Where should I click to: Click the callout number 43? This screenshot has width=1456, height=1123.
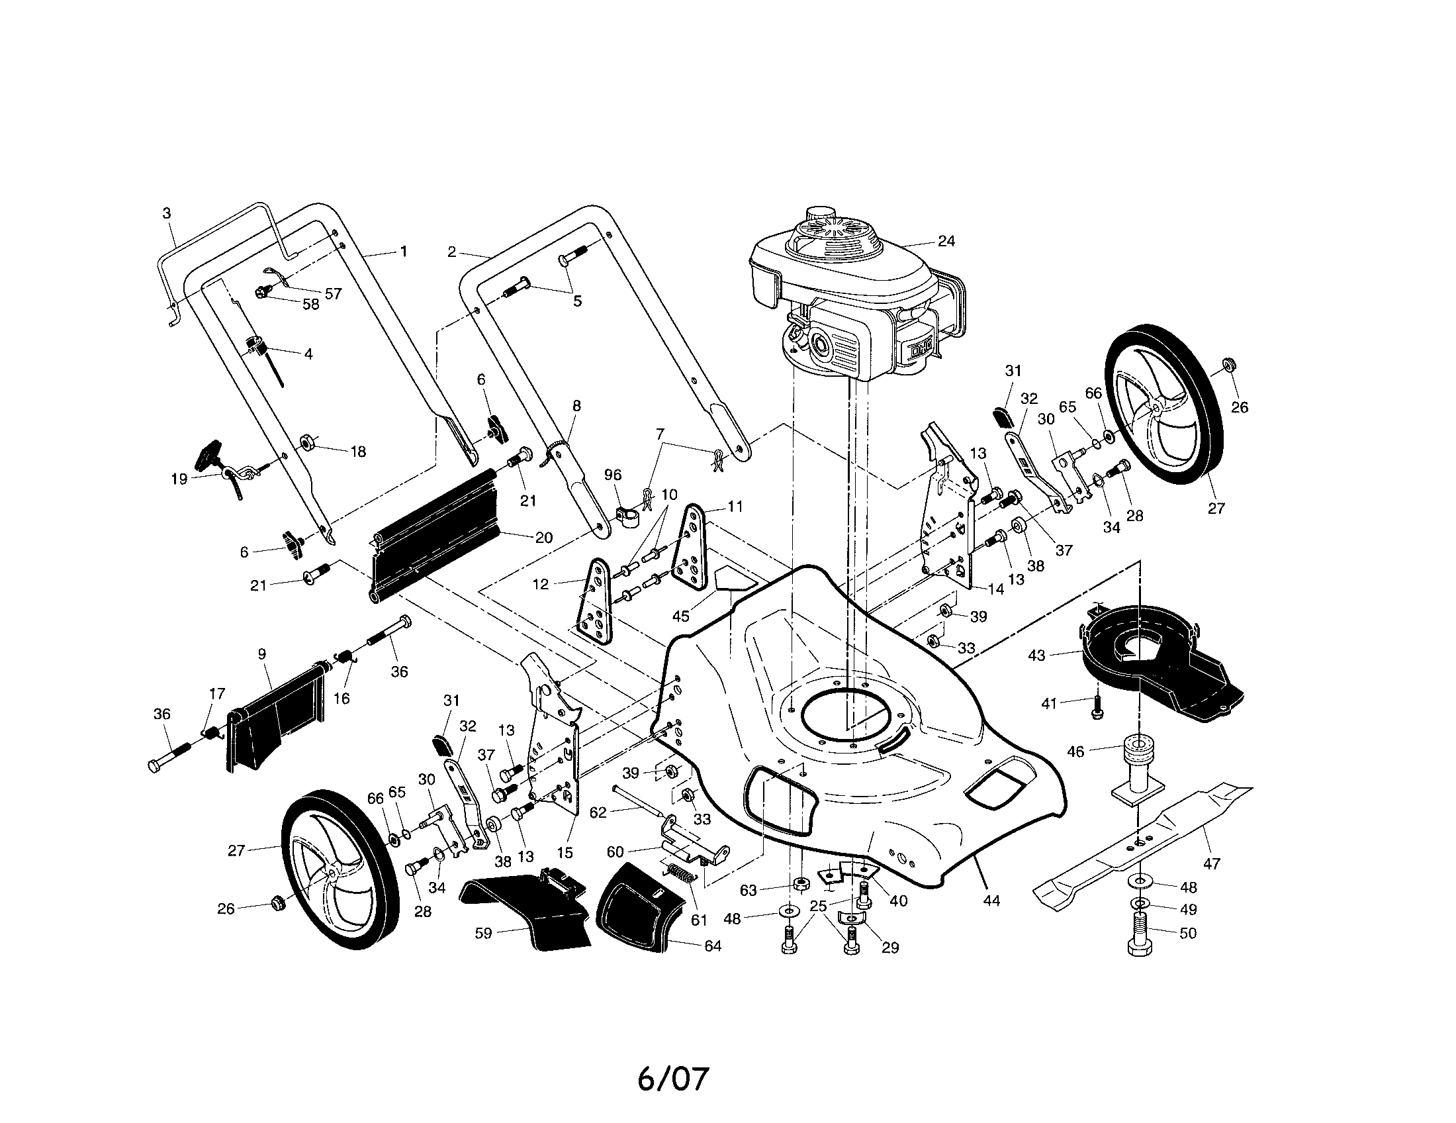click(1036, 656)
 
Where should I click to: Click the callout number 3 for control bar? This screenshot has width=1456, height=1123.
click(167, 213)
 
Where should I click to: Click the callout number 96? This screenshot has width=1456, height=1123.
click(612, 475)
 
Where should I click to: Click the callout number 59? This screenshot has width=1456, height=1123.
click(483, 934)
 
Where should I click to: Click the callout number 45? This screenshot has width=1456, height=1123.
click(680, 616)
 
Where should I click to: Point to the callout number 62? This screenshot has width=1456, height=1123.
click(598, 812)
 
